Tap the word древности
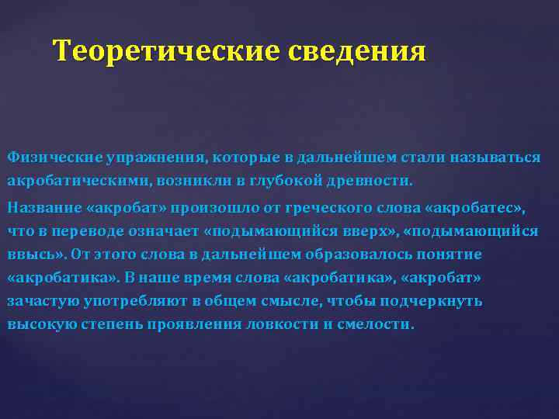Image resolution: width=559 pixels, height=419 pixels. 375,181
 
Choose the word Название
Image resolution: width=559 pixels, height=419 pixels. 43,208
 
